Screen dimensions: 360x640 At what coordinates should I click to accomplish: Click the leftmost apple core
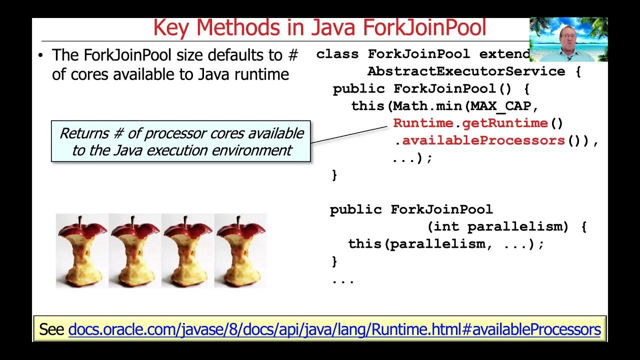pos(82,251)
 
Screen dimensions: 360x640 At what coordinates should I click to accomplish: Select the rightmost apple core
pos(240,251)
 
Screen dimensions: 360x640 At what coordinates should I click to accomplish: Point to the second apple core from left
pos(135,251)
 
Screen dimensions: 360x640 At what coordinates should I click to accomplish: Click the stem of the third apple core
pos(185,220)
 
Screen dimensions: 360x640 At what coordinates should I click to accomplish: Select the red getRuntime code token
pos(505,123)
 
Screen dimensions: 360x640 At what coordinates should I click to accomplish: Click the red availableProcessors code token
pos(483,140)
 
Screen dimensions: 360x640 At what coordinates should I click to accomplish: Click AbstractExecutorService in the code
pos(466,71)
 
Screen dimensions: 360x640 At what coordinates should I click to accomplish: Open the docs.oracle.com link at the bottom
pos(334,329)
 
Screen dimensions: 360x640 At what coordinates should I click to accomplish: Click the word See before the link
pos(51,329)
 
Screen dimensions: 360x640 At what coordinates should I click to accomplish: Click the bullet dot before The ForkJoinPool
pos(40,55)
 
